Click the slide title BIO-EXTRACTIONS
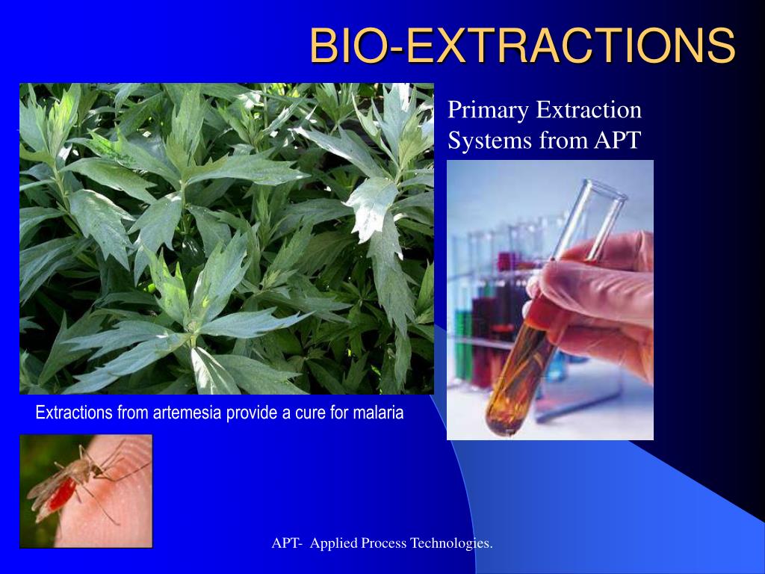[x=522, y=46]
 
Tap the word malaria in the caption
[x=377, y=413]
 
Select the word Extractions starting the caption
[x=74, y=413]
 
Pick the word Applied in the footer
[x=334, y=543]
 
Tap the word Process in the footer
[x=384, y=543]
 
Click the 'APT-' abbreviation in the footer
[x=287, y=543]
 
